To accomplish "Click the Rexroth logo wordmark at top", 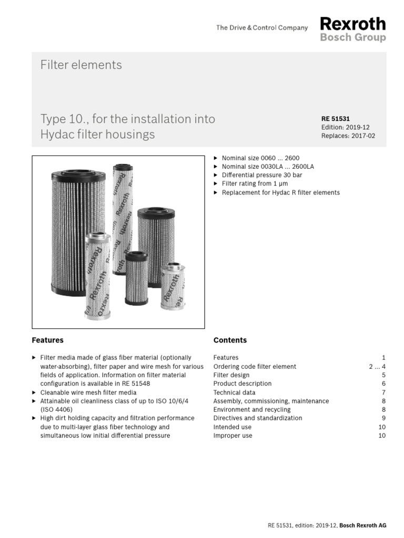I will coord(352,24).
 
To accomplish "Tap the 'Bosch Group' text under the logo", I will coord(352,38).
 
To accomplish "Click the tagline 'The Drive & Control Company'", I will coord(261,28).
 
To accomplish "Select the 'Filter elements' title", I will coord(81,65).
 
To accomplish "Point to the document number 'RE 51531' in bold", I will coord(335,119).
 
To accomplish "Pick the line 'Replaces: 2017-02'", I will coord(348,136).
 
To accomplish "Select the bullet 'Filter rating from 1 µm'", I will coord(255,184).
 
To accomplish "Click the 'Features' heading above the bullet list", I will coord(47,340).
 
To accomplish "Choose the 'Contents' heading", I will coord(230,340).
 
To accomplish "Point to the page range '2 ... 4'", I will coord(377,366).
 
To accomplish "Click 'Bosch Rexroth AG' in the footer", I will coord(363,525).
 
